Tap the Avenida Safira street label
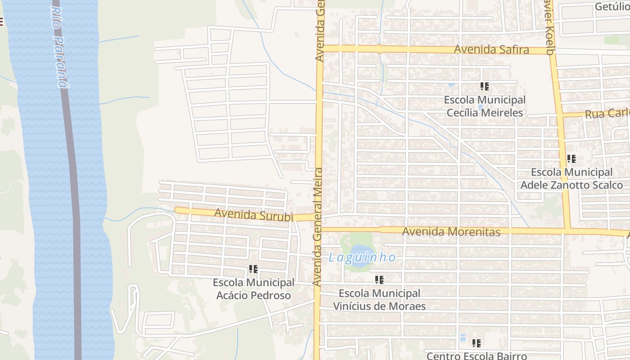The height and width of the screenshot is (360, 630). (491, 49)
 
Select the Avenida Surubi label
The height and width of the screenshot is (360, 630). (253, 215)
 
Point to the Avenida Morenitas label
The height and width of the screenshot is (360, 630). (451, 232)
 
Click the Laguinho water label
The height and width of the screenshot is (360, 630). (362, 257)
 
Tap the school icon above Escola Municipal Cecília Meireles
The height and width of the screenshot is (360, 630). (484, 86)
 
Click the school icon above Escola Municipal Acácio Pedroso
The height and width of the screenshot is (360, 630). (253, 269)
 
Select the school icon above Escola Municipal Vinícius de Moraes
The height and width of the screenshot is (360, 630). (379, 280)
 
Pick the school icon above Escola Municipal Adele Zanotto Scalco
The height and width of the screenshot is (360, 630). (571, 158)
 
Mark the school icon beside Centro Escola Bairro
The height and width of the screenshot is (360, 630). (477, 343)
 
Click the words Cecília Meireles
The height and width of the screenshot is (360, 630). (485, 112)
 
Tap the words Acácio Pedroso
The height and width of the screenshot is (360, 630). (253, 296)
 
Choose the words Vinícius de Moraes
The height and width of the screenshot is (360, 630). (379, 306)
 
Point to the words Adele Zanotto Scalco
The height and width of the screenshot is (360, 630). (571, 185)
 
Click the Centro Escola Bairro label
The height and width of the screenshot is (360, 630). (477, 355)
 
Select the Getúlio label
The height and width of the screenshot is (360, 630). (612, 6)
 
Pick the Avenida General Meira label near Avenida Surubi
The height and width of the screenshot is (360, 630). (318, 227)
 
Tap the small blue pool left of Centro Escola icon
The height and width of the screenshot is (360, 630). (463, 337)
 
